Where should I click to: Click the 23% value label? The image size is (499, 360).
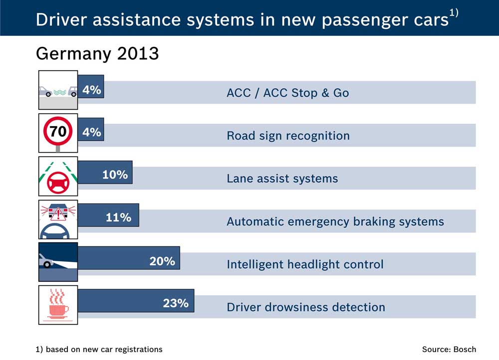176,303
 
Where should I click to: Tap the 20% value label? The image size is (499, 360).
162,261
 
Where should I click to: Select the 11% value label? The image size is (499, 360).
118,218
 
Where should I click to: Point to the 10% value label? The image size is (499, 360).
115,175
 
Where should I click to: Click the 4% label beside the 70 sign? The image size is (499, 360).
92,132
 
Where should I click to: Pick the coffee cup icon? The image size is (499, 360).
58,305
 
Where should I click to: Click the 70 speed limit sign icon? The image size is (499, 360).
58,133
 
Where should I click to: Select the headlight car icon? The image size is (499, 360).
58,262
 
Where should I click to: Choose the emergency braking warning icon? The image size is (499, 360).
58,219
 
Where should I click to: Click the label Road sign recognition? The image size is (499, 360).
288,136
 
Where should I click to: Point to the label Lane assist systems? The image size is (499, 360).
282,179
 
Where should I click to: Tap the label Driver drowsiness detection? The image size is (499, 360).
306,307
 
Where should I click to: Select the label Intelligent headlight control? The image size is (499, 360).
305,264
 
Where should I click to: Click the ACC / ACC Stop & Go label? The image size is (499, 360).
287,93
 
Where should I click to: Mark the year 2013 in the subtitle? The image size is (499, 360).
138,53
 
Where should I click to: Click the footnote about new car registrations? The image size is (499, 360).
99,349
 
